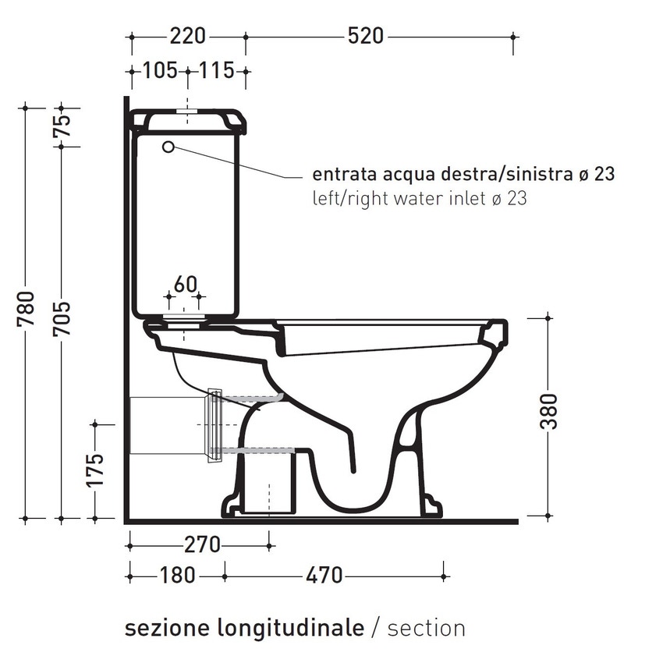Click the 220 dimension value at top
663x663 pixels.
(x=187, y=36)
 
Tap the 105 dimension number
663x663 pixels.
(x=160, y=71)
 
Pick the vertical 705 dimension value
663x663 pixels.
(x=62, y=319)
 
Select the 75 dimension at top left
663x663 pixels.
(x=62, y=125)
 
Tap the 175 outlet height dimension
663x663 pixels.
(x=95, y=470)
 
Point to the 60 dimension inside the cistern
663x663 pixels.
(x=184, y=285)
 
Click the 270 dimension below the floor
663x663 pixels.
(x=202, y=544)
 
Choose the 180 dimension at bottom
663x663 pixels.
(x=177, y=576)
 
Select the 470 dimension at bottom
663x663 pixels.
(x=324, y=576)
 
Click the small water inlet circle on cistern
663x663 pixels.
(x=168, y=147)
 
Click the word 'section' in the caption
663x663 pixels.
(x=426, y=627)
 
